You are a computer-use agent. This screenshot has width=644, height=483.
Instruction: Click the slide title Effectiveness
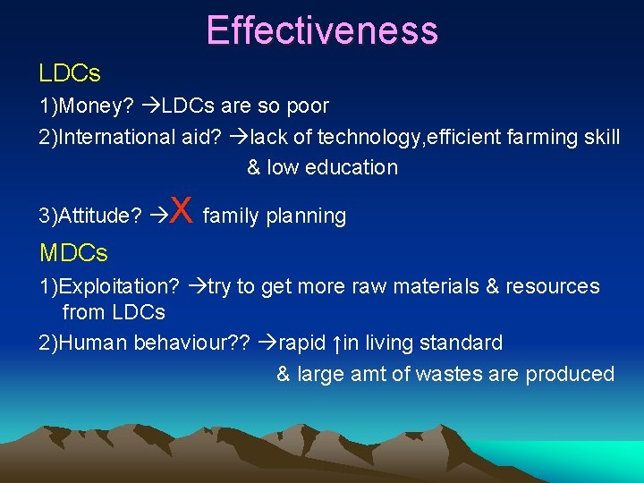322,30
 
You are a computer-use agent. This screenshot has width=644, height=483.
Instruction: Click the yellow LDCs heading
70,72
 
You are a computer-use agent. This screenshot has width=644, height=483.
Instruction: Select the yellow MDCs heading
73,253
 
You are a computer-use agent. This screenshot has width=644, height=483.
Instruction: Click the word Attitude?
99,216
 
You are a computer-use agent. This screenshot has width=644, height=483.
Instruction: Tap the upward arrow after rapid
335,343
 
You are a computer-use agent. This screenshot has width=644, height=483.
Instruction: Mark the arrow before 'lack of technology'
239,137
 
